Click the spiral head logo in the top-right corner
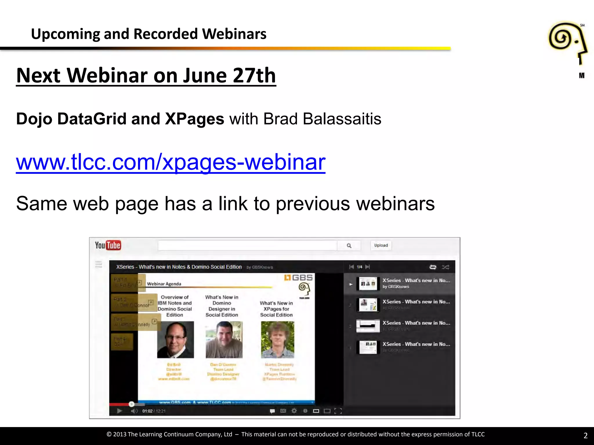coord(568,43)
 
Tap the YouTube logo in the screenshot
coord(108,245)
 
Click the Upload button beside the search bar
coord(381,245)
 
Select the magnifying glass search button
coord(349,246)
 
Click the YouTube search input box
coord(247,246)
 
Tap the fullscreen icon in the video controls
coord(338,411)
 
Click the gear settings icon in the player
coord(294,411)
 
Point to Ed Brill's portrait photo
coord(175,340)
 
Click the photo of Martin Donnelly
coord(278,340)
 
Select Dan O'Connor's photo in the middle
coord(224,340)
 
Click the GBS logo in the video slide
coord(299,278)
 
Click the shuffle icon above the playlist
coord(445,267)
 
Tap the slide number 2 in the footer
coord(585,435)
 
